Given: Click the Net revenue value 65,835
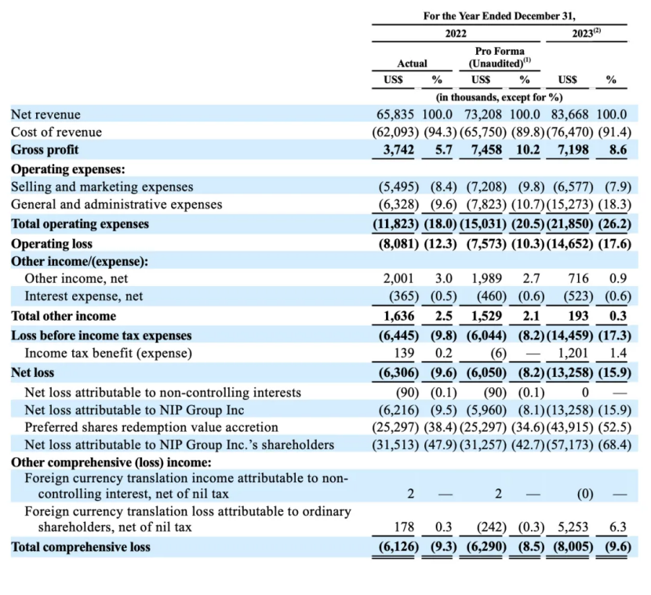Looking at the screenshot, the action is pos(395,114).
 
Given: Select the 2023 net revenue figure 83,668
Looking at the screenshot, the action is pos(569,114).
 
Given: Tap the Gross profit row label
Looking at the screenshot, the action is pos(45,150).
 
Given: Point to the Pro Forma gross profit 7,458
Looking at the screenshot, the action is pos(486,150).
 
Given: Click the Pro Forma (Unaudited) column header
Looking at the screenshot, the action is pos(500,57).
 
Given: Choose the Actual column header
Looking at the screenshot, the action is pos(412,63).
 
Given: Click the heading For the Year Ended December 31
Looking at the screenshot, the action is pos(500,16).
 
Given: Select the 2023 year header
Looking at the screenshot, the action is pos(586,33).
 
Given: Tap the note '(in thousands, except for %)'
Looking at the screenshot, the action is pos(499,97).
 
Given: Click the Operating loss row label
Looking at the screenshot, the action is pos(52,244).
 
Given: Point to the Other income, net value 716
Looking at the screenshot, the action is pos(579,278).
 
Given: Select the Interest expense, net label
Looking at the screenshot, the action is pos(83,296).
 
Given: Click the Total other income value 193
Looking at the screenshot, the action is pos(579,316).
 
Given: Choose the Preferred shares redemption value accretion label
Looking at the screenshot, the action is pos(151,427).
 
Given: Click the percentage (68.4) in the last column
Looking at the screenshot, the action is pos(615,444).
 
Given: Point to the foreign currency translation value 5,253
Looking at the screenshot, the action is pos(573,527).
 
